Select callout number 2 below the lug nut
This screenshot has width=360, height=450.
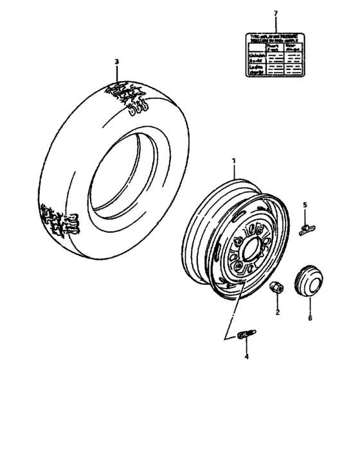pos(278,312)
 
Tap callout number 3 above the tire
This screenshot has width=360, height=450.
pos(116,62)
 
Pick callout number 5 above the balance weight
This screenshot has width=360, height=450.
pos(305,205)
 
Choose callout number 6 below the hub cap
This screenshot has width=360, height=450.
pos(310,318)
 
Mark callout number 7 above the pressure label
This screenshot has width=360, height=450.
pos(275,14)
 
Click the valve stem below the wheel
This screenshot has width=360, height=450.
pos(246,334)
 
